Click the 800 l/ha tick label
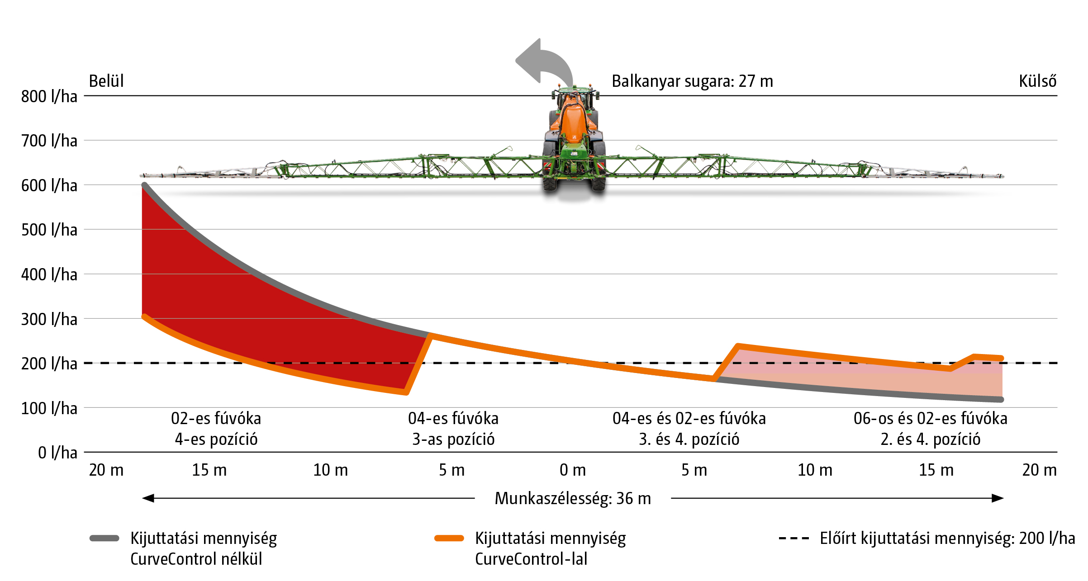coord(49,96)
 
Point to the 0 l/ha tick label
coord(57,453)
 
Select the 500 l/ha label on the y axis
coord(49,230)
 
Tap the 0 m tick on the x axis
coord(572,470)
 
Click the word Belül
coord(106,81)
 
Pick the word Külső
coord(1037,81)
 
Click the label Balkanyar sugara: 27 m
coord(692,81)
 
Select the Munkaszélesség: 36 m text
coord(573,498)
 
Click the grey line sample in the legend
coord(105,538)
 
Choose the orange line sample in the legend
coord(449,538)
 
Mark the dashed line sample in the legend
coord(793,538)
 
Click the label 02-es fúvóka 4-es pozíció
coord(216,429)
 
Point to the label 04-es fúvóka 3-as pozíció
coord(453,429)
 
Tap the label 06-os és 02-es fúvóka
coord(931,419)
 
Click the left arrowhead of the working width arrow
coord(148,498)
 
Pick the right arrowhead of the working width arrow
coord(998,498)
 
